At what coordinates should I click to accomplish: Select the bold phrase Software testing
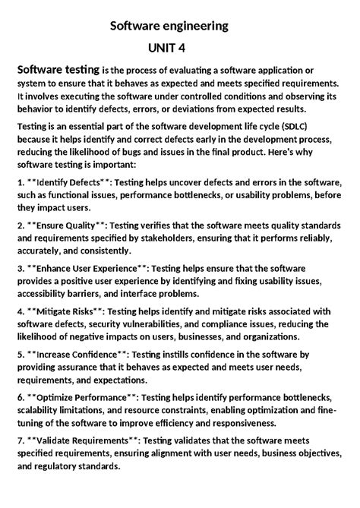(58, 70)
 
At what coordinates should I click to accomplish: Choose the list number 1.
(20, 183)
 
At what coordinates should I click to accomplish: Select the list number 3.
(20, 268)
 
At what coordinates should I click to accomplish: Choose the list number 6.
(20, 396)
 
